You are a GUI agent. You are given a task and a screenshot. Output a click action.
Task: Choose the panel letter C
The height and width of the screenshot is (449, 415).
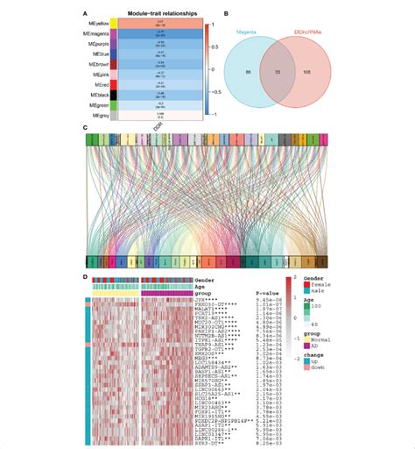(85, 128)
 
